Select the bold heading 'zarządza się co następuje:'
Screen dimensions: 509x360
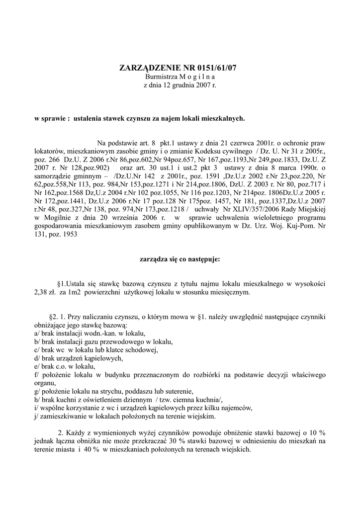[180, 259]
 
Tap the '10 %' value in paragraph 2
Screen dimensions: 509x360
[317, 433]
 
